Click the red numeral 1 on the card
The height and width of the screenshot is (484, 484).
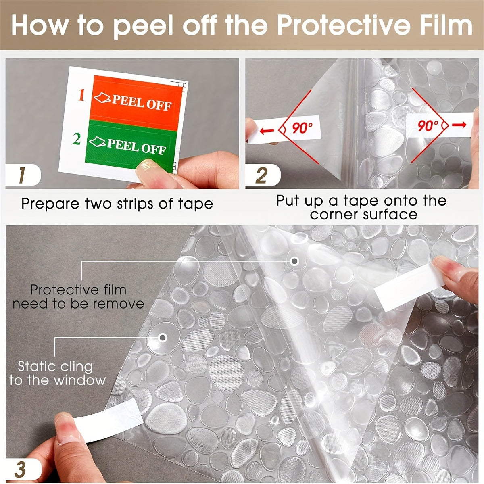pos(81,96)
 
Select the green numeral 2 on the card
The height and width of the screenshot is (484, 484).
pos(77,139)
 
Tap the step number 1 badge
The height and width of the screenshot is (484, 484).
pos(22,176)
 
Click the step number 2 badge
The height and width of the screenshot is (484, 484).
pos(261,176)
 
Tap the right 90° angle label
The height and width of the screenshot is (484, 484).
pos(428,125)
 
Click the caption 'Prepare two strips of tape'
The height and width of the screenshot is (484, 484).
pos(117,203)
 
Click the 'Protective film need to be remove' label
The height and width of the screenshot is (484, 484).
pos(78,296)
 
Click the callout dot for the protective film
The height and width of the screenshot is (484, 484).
pos(295,261)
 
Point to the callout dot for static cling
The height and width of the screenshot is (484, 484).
pos(163,337)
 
